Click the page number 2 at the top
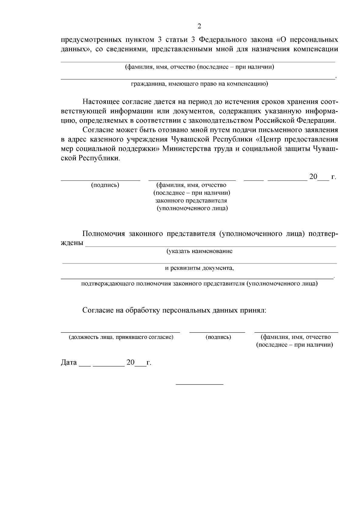(199, 26)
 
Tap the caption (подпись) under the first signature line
(105, 185)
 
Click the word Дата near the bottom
(69, 362)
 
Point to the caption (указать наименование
(199, 251)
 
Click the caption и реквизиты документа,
(199, 268)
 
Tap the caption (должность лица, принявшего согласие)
(121, 337)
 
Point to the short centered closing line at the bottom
(200, 385)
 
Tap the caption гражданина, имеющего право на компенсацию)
(199, 84)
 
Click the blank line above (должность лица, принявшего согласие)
(120, 332)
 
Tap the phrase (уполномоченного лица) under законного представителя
(192, 208)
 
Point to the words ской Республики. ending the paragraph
(90, 158)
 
